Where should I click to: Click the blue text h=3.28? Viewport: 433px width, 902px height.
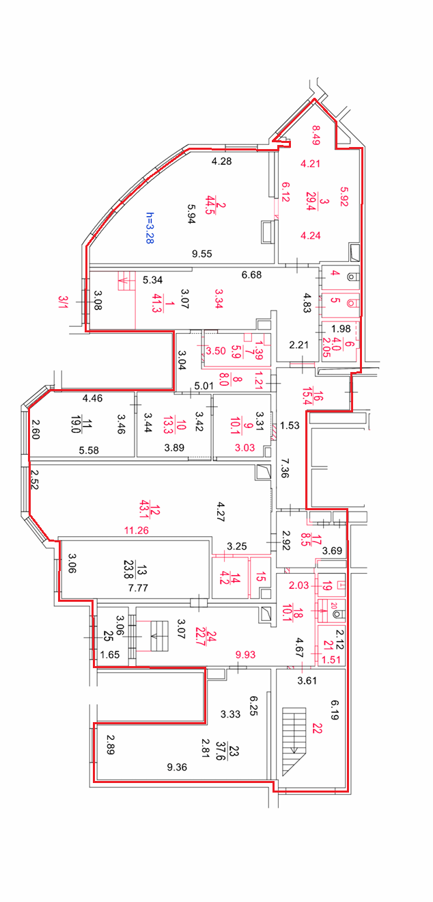pos(150,228)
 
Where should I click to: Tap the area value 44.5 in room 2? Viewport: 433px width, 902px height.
pos(210,205)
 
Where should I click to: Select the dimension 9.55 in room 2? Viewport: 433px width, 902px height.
pos(202,254)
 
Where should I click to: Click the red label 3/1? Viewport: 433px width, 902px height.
pos(63,302)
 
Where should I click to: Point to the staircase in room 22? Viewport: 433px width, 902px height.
pos(294,741)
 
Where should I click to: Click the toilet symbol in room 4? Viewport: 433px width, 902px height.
pos(352,277)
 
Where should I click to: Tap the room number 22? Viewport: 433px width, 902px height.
pos(317,728)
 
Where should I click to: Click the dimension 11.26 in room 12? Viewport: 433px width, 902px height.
pos(137,531)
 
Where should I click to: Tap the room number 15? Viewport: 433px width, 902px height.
pos(260,576)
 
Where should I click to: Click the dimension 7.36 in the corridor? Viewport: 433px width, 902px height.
pos(285,468)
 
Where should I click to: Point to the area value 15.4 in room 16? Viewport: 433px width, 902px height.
pos(307,396)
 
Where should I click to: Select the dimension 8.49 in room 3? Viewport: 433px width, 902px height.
pos(316,135)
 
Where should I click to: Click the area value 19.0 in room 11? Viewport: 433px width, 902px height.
pos(75,425)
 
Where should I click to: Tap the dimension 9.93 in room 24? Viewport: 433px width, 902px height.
pos(245,654)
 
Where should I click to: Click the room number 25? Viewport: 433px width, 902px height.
pos(108,636)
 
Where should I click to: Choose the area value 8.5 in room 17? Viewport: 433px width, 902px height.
pos(306,540)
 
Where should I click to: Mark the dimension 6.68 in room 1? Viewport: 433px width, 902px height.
pos(251,275)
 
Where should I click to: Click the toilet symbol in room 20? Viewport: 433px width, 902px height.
pos(339,614)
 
